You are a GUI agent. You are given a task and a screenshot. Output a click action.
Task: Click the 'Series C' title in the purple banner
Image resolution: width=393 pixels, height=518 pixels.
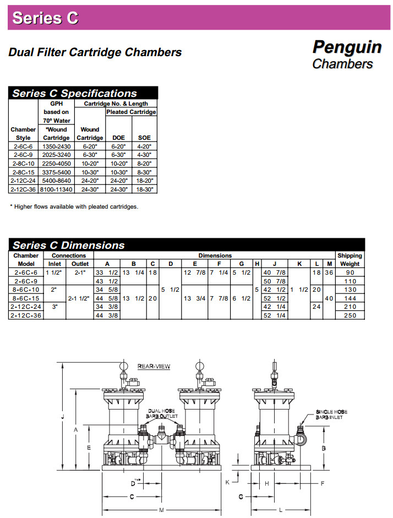click(45, 18)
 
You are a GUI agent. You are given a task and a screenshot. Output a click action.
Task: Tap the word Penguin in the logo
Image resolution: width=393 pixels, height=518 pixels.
click(347, 47)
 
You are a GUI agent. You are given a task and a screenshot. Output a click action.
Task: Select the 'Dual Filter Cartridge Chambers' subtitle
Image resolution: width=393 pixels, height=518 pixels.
click(95, 53)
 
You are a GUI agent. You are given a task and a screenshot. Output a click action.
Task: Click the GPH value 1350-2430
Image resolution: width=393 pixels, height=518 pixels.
click(56, 146)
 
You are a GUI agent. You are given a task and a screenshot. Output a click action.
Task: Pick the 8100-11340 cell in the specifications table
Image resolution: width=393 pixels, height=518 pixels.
click(56, 189)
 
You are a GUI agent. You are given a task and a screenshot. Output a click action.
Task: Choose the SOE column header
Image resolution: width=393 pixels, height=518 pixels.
click(145, 138)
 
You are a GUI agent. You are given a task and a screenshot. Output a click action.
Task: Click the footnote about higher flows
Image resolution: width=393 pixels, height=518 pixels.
click(74, 206)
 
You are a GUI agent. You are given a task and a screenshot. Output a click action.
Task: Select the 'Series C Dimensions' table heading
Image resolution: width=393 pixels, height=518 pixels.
click(69, 245)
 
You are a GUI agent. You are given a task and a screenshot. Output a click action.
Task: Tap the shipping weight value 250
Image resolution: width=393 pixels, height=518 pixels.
click(350, 315)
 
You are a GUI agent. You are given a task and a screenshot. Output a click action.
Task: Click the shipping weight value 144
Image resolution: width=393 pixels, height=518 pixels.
click(350, 298)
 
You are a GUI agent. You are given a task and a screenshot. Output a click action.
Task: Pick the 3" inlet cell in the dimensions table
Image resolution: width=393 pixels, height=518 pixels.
click(54, 307)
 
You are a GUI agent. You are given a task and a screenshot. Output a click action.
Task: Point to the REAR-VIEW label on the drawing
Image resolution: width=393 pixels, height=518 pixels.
click(154, 367)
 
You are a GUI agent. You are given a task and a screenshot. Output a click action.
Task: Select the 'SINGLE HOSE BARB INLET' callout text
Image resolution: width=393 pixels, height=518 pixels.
click(331, 415)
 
